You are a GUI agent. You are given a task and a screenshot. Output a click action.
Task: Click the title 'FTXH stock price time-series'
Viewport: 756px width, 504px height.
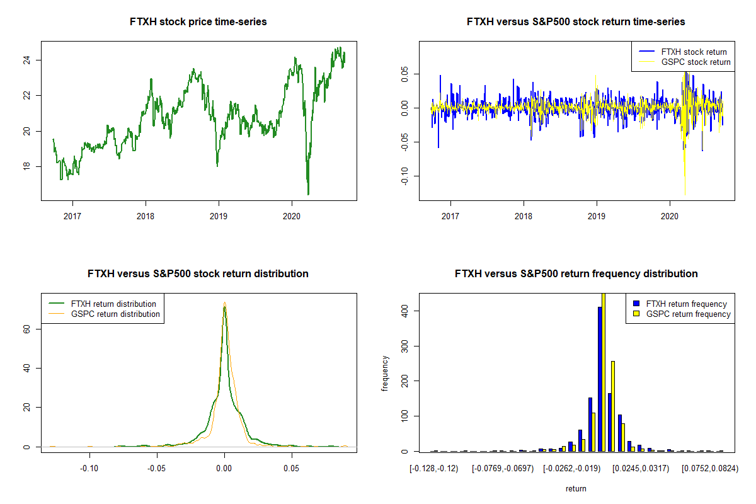point(198,22)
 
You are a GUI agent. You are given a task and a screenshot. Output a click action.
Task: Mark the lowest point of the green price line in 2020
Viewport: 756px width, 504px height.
point(308,194)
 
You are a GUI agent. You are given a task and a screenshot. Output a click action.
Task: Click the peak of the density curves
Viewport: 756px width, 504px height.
point(224,304)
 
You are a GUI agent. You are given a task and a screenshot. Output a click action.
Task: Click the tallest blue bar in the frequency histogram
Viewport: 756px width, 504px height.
point(600,379)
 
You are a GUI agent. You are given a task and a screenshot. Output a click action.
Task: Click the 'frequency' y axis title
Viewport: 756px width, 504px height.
point(386,373)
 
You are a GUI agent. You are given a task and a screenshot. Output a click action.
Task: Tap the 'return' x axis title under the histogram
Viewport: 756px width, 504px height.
point(576,488)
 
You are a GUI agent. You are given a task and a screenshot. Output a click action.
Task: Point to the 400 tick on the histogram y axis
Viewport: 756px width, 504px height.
point(407,311)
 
